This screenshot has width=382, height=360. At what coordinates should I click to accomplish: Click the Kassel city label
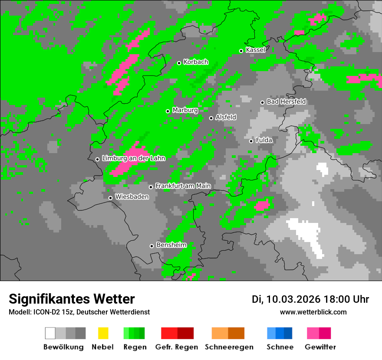coord(255,50)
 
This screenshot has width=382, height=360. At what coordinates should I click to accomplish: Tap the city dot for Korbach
coord(179,63)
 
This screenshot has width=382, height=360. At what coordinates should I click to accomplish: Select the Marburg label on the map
coord(185,110)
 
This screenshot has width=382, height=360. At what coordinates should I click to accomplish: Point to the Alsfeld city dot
coord(211,118)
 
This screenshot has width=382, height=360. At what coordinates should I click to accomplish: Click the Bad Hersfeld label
coord(286,101)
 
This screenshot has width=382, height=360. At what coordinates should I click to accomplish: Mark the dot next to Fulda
coord(251,141)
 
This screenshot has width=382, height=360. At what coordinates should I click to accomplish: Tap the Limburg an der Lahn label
coord(133,158)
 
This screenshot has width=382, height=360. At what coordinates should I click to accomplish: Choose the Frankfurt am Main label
coord(183,186)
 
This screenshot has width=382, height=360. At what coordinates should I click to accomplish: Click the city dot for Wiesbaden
coord(110,198)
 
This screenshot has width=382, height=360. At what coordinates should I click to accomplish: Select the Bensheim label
coord(171,245)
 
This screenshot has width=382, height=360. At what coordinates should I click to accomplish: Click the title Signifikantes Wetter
coord(72,299)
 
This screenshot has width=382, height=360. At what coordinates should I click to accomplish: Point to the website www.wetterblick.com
coord(313,312)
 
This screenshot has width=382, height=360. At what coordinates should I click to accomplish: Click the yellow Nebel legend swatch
coord(103,333)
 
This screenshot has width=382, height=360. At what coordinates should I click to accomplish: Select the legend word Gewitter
coord(320,347)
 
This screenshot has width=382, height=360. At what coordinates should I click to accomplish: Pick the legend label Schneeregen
coord(229,347)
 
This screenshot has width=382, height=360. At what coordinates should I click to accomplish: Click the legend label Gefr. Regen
coord(177,347)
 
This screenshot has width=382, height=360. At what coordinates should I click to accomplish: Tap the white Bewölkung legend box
coord(50,333)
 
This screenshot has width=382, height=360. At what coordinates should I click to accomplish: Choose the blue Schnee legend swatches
coord(280,333)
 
